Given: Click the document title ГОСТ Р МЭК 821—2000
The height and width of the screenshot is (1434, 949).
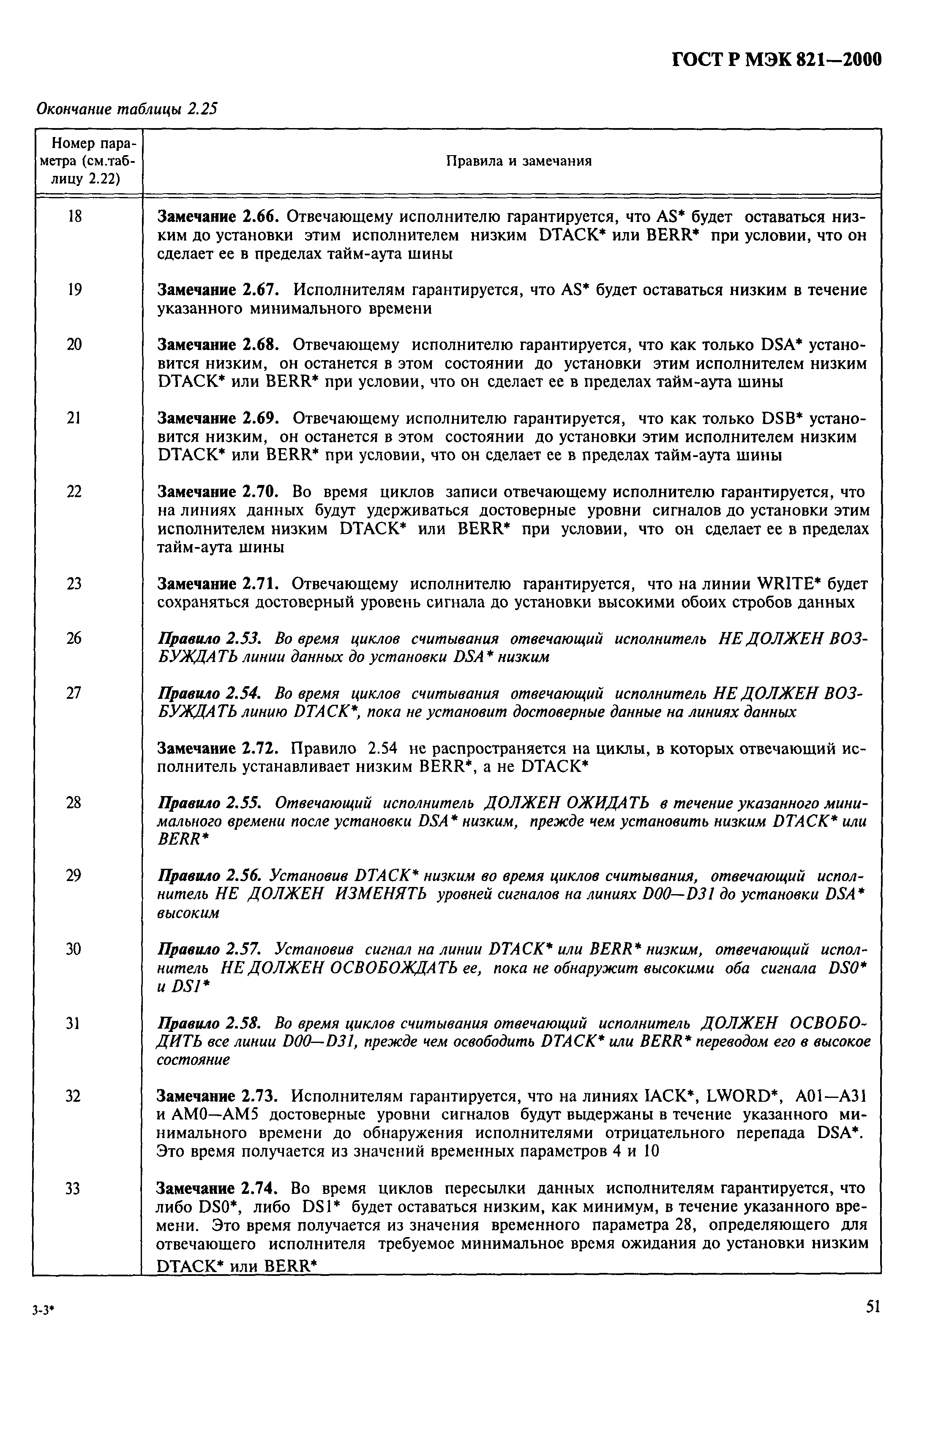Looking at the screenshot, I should [777, 60].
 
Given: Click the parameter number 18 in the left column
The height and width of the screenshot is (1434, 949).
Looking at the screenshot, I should [74, 216].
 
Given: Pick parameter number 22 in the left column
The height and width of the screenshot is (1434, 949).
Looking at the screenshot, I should [74, 492].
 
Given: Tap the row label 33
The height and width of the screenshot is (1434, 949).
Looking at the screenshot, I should [73, 1188].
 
